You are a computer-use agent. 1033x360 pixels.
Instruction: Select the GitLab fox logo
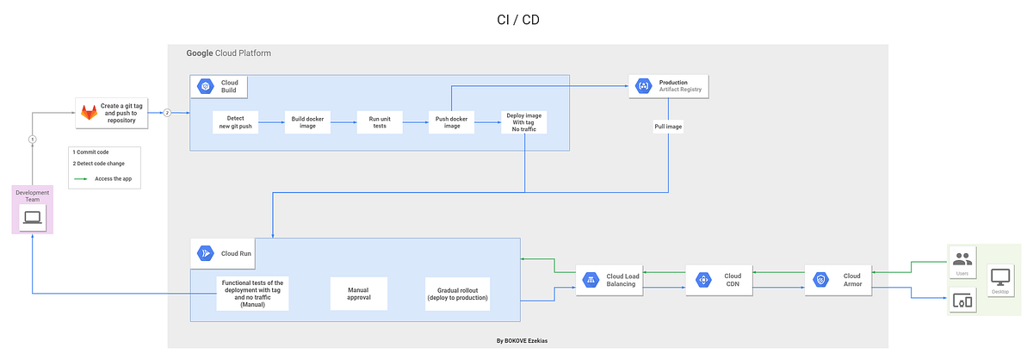point(89,114)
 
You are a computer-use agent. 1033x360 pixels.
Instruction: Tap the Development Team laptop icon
point(33,217)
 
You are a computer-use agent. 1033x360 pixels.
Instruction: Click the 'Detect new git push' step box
point(236,122)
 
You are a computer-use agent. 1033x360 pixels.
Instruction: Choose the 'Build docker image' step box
point(308,122)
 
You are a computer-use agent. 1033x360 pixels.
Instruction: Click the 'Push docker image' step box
point(452,122)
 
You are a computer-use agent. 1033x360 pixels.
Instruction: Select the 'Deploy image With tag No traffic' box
point(524,122)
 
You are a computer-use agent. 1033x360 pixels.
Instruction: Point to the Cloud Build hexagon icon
point(205,86)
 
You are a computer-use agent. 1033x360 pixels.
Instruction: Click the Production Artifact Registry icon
point(642,85)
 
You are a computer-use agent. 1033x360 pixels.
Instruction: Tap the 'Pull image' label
point(668,126)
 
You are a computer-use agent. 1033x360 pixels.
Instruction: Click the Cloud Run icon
point(205,253)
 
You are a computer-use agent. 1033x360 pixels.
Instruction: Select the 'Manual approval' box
point(359,293)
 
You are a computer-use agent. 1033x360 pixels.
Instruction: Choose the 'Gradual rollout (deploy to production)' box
point(457,293)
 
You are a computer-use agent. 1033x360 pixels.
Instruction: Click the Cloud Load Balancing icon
point(591,279)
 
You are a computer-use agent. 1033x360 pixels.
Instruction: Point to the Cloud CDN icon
point(703,279)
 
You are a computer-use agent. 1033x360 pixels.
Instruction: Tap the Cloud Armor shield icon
point(821,279)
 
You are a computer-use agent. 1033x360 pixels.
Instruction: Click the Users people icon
point(962,258)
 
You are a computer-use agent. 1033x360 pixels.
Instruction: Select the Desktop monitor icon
point(1000,277)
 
